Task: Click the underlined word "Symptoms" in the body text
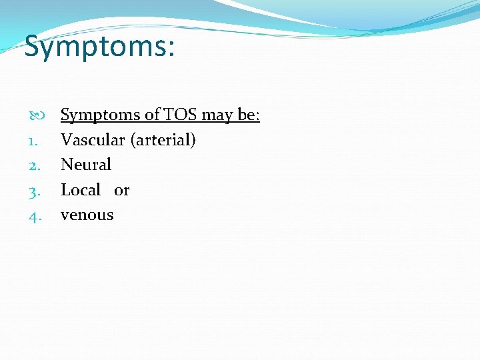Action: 101,115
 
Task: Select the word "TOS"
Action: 181,115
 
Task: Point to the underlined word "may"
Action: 216,115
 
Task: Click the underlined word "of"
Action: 153,115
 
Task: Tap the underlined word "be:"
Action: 247,115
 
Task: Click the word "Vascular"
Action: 93,140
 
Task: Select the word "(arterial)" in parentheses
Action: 163,141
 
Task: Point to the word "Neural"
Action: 86,165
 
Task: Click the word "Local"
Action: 81,190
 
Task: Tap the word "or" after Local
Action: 121,191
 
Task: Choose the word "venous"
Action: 87,215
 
